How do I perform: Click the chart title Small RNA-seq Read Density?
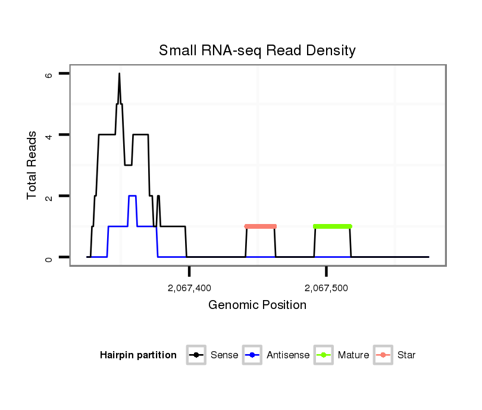point(257,51)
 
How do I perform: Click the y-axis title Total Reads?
point(33,165)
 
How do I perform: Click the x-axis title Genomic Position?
point(257,305)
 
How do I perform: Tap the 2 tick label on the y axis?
point(49,196)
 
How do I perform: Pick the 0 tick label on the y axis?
point(49,257)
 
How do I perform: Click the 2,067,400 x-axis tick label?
point(189,288)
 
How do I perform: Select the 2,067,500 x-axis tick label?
point(326,288)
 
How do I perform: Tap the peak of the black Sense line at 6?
point(119,74)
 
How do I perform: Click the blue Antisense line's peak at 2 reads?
point(132,195)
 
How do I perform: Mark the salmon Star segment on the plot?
point(261,226)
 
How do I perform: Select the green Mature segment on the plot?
point(333,226)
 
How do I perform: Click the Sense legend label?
point(224,355)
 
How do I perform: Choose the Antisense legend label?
point(288,355)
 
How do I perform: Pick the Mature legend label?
point(353,355)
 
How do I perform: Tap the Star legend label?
point(406,355)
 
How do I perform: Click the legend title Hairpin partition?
point(138,355)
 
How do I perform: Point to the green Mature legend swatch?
point(324,355)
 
